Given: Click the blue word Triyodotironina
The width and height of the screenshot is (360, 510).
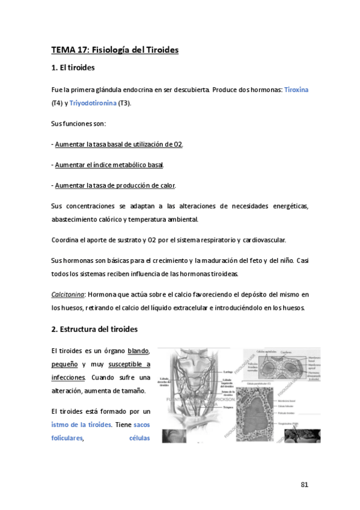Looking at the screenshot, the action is click(x=93, y=103).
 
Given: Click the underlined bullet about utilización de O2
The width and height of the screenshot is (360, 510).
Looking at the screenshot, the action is click(x=118, y=144).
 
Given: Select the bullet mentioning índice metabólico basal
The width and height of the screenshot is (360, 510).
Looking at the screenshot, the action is click(x=109, y=165).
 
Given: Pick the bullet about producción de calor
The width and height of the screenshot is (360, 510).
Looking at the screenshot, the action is click(x=115, y=185).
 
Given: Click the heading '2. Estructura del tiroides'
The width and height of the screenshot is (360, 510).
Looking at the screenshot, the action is click(x=95, y=330).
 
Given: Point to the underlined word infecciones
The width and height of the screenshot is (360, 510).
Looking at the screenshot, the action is click(x=68, y=378).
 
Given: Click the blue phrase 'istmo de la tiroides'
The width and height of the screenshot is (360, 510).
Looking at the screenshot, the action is click(x=81, y=425).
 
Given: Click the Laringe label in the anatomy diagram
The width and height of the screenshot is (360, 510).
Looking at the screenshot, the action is click(x=227, y=372).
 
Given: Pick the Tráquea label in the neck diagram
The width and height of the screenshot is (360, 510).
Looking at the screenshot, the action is click(x=227, y=407).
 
